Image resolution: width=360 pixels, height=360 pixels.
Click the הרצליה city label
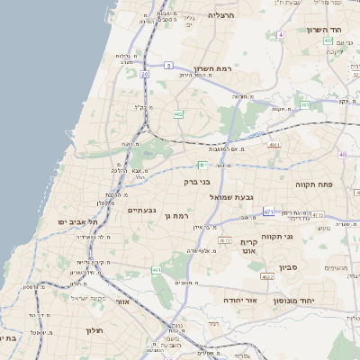(220, 15)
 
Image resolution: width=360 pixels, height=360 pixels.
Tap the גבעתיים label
(143, 210)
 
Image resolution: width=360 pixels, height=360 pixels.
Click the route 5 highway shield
(168, 65)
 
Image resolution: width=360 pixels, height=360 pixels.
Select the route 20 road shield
(144, 74)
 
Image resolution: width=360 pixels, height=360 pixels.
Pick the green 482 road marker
(178, 114)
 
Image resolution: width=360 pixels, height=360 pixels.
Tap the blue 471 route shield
(268, 211)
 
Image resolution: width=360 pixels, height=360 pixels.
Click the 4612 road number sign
(225, 241)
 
